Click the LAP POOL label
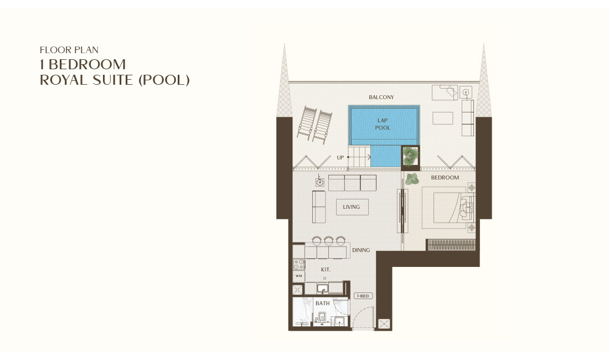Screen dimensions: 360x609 pos(383,124)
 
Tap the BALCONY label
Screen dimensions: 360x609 pos(381,97)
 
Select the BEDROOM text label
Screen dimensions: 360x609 pos(445,178)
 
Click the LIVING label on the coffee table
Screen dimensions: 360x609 pos(352,207)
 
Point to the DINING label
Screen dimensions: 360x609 pos(361,250)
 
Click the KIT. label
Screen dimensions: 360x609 pos(326,270)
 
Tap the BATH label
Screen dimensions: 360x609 pos(322,304)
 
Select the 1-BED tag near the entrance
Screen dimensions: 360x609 pos(363,296)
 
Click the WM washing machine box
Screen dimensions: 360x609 pos(298,276)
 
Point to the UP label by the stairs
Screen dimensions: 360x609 pos(340,158)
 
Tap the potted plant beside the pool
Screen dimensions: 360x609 pos(410,156)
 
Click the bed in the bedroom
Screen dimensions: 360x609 pos(446,208)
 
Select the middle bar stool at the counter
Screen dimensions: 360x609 pos(328,241)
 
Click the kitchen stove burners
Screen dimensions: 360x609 pos(298,264)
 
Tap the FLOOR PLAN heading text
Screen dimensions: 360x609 pos(69,50)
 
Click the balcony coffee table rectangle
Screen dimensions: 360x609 pos(443,118)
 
